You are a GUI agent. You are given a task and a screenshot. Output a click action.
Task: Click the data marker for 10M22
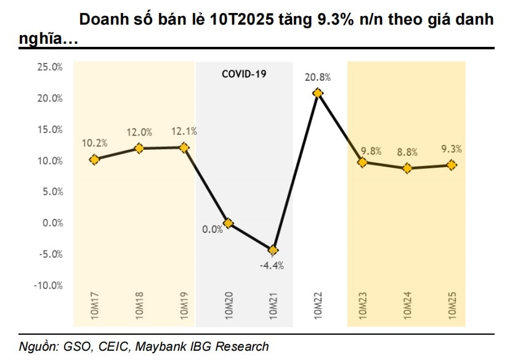(x=318, y=93)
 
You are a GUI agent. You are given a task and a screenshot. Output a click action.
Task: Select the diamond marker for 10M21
(x=273, y=250)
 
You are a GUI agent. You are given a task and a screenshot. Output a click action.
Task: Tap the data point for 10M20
(x=228, y=223)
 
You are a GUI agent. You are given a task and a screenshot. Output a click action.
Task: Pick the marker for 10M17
(x=94, y=160)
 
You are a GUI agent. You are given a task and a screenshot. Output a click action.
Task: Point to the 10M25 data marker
(x=451, y=165)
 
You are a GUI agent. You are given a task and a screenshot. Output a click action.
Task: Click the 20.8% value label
(x=318, y=78)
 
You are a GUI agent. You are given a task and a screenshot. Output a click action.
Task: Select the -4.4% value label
(x=271, y=266)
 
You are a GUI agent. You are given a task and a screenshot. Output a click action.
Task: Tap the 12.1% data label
(x=184, y=132)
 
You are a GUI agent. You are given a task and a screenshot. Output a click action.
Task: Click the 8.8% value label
(x=407, y=153)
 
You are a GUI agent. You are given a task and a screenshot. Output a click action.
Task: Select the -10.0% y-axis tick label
(x=48, y=285)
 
